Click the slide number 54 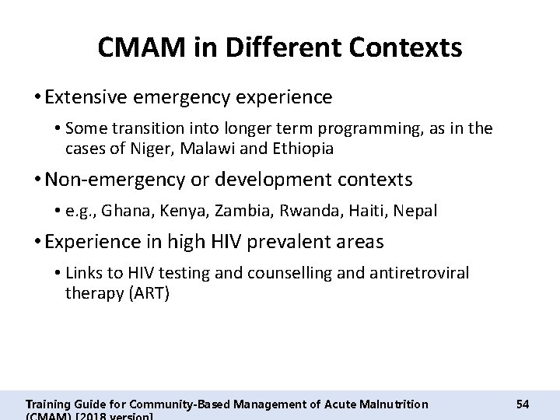tap(523, 404)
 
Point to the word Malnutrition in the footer tap(387, 404)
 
